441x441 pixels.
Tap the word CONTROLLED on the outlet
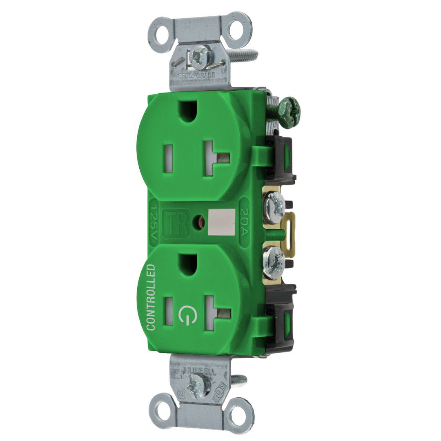[x=151, y=297]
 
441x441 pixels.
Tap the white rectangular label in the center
[x=221, y=222]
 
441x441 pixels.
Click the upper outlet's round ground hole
[x=189, y=111]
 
